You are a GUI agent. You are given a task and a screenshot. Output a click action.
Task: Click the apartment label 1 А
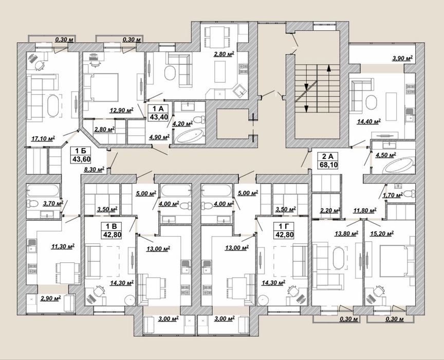[x=158, y=109]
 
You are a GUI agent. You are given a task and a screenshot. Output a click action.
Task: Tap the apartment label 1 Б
[x=81, y=151]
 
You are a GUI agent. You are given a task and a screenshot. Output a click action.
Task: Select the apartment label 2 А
[x=328, y=156]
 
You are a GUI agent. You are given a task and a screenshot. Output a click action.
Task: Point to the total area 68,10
[x=328, y=165]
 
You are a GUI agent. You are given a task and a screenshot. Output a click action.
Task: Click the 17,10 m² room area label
[x=43, y=139]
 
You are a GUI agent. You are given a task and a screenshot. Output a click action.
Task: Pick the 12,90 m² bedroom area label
[x=122, y=110]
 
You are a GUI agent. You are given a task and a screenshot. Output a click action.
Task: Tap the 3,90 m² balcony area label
[x=402, y=59]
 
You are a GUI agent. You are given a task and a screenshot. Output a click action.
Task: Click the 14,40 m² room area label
[x=368, y=121]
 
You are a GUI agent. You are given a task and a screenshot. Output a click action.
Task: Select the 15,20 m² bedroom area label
[x=382, y=233]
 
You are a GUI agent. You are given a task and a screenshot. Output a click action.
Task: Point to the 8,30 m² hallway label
[x=94, y=170]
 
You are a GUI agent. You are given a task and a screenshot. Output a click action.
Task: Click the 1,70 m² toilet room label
[x=393, y=195]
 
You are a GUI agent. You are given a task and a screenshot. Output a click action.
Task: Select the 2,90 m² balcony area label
[x=51, y=298]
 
